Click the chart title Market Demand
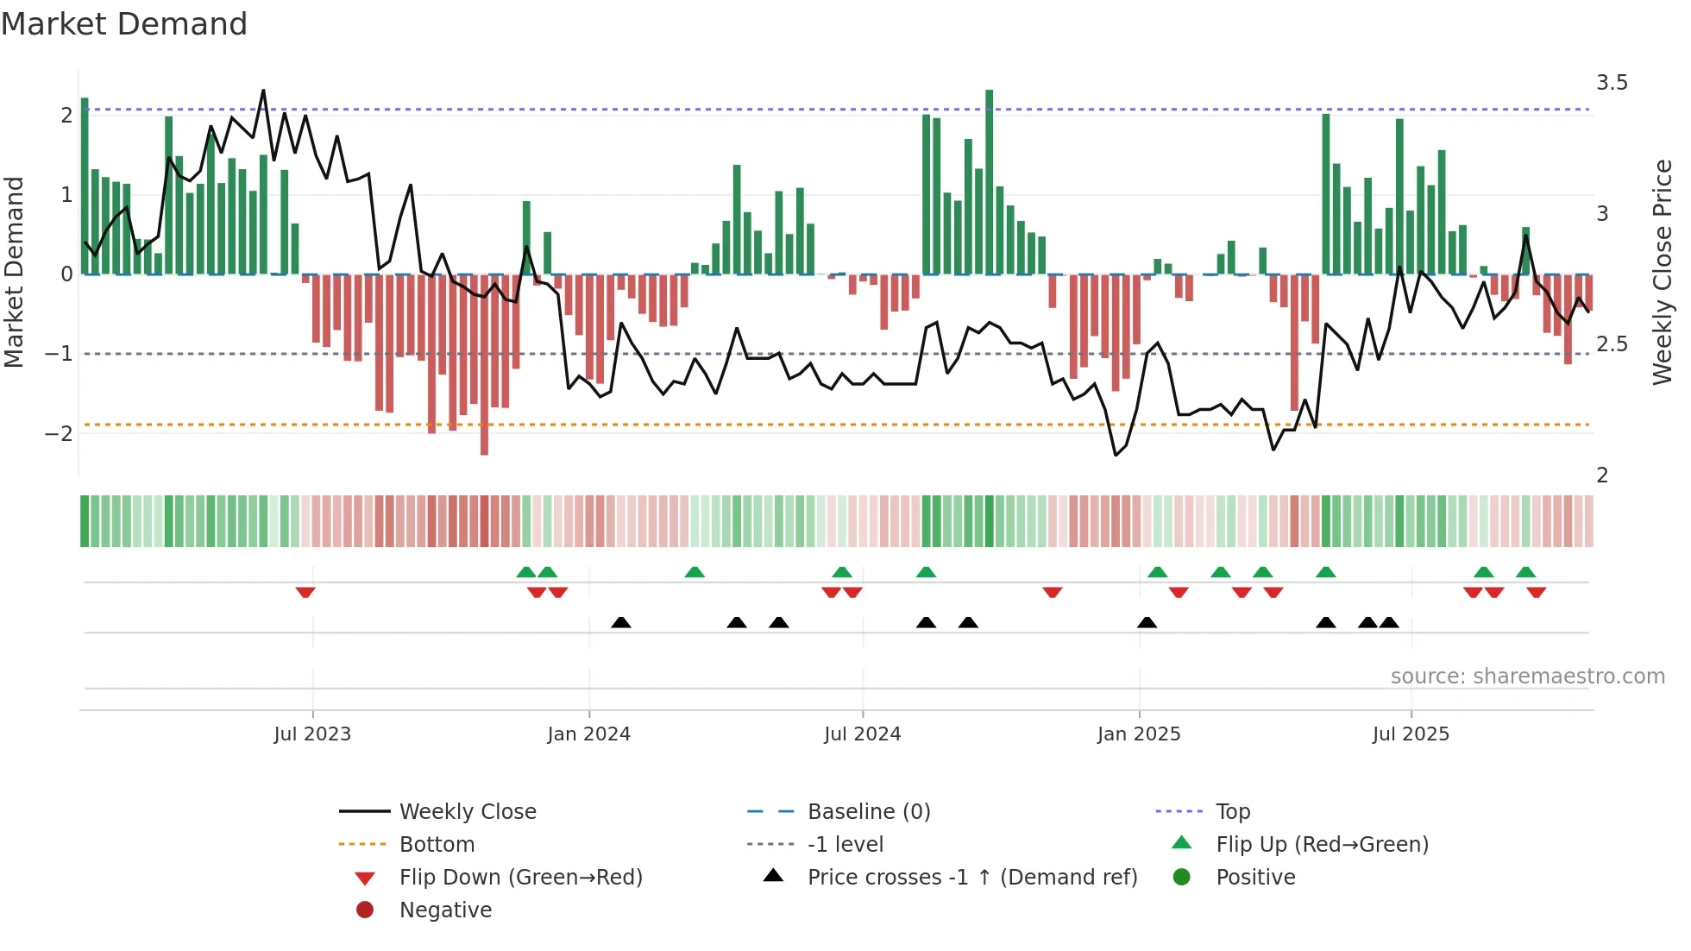click(x=124, y=24)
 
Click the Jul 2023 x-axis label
click(x=312, y=734)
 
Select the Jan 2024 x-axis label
click(x=589, y=734)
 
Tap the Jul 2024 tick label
click(x=863, y=734)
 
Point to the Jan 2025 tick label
click(x=1139, y=734)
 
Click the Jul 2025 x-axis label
click(x=1411, y=734)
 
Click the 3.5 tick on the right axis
click(x=1612, y=83)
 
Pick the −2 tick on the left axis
click(x=59, y=433)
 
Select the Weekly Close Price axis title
click(x=1663, y=272)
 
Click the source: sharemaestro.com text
click(x=1527, y=677)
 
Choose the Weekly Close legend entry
click(x=467, y=812)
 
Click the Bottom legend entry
click(x=437, y=845)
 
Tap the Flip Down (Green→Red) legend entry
click(x=520, y=878)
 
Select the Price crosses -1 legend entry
click(x=972, y=878)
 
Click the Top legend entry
click(x=1233, y=812)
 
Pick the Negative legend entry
click(x=445, y=910)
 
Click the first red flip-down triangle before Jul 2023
click(x=305, y=592)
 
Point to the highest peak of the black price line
click(x=263, y=91)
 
